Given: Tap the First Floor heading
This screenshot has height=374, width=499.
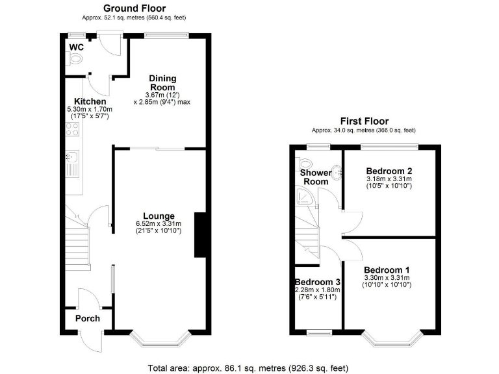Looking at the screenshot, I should coord(363,121).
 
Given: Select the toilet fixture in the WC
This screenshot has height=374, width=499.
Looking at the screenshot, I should coord(74,60).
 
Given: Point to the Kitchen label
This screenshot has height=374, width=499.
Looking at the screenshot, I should coord(90,102).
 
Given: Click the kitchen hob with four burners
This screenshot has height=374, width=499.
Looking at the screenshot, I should coord(73,131).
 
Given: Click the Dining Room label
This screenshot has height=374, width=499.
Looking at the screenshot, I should coord(163,83).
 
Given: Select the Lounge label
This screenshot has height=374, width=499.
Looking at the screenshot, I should coord(159,216).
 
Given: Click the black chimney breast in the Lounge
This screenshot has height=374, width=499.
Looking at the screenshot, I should coord(201,234).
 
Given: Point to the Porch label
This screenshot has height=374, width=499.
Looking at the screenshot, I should coord(88,318).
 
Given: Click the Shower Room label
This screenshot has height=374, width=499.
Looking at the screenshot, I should coord(315,177).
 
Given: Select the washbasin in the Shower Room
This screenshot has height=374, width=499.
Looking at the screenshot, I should coord(337,173).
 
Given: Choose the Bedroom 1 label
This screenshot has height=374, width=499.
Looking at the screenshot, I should coord(387,270).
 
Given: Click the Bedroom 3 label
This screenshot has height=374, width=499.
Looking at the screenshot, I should coord(318,282).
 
